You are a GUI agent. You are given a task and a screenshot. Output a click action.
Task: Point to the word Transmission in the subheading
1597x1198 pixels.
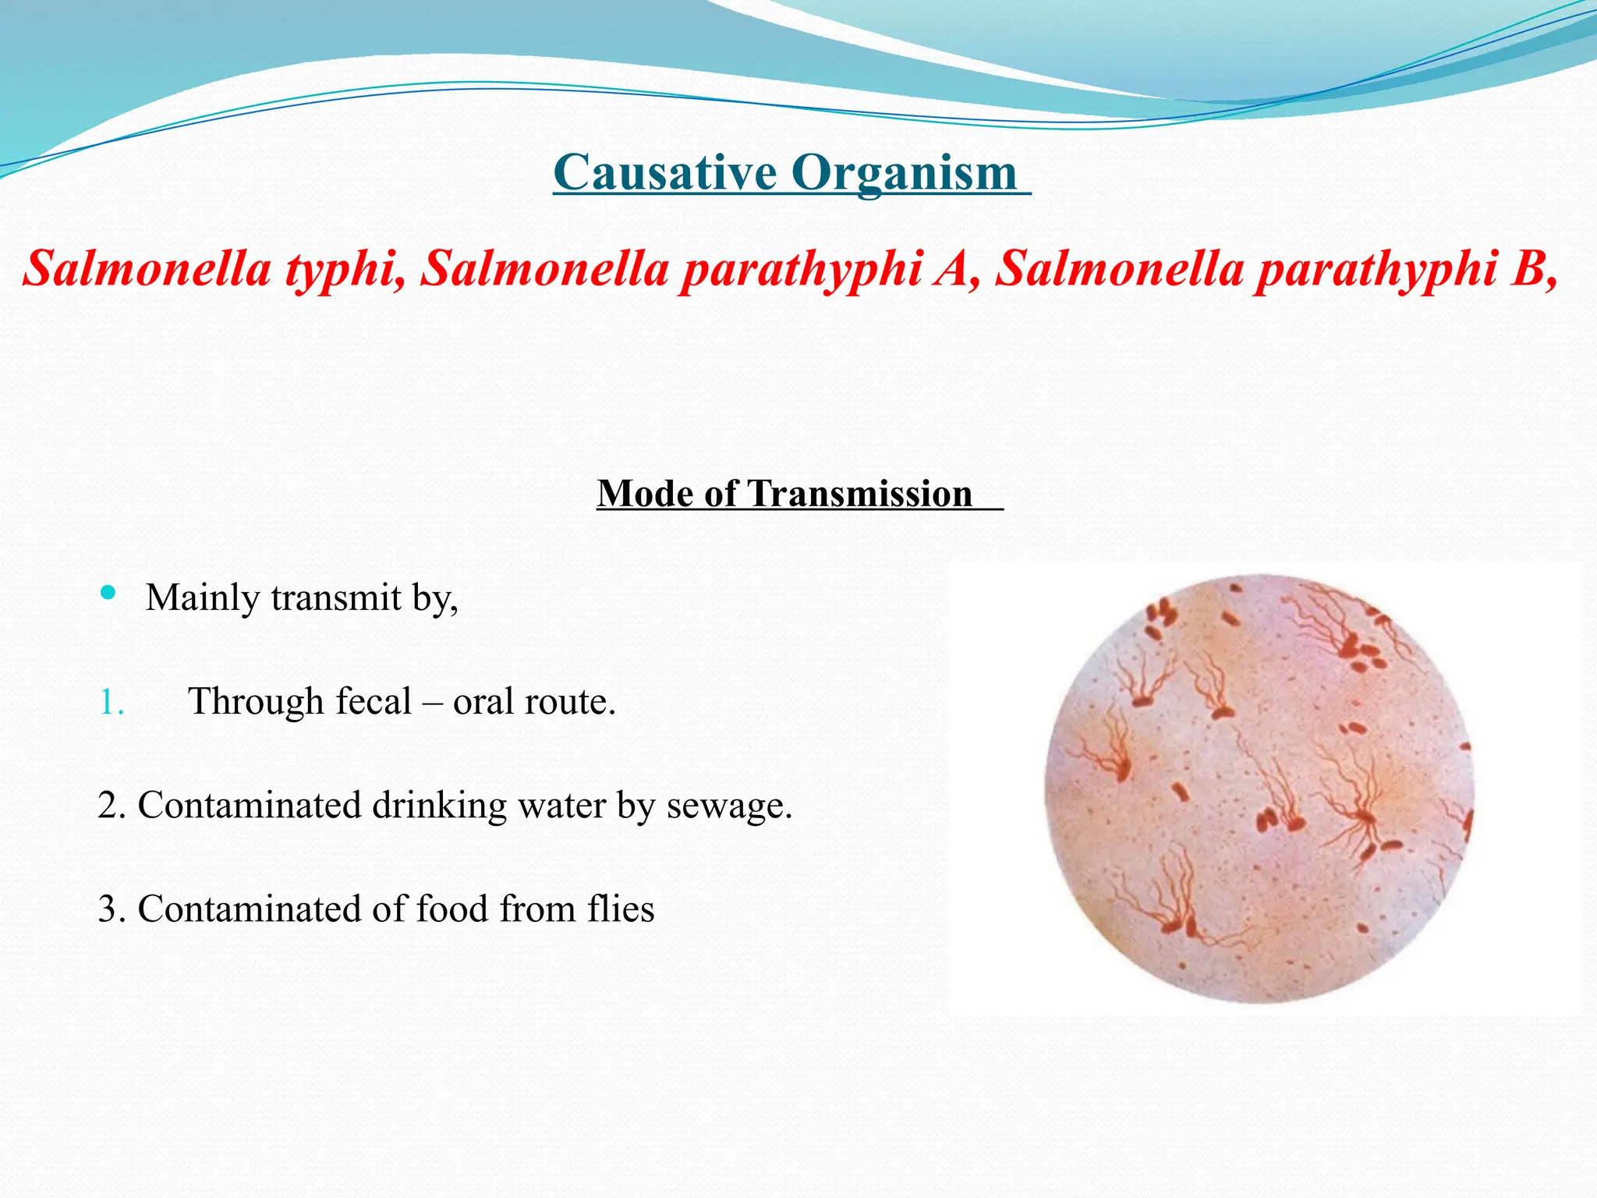861,494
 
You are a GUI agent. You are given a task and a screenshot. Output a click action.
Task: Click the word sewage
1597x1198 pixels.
729,806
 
